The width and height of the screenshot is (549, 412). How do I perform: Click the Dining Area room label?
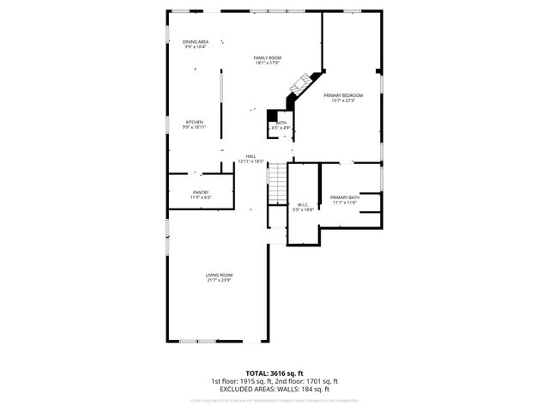click(x=196, y=41)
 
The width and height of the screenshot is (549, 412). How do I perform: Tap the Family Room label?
click(x=267, y=58)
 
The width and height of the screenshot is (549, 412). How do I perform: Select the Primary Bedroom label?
click(x=343, y=95)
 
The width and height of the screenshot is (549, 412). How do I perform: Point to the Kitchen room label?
click(x=195, y=122)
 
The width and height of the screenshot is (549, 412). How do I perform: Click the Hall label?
click(x=251, y=155)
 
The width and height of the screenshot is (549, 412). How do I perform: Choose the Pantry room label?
click(x=201, y=192)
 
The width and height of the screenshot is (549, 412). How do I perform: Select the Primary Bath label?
click(x=344, y=197)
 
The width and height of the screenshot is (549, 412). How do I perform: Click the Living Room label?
click(x=219, y=275)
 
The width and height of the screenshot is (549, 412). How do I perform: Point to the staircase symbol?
click(x=276, y=184)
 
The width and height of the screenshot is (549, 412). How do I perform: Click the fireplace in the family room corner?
click(x=300, y=85)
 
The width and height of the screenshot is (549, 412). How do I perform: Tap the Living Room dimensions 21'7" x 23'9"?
click(x=219, y=280)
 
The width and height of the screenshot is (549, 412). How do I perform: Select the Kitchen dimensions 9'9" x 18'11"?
click(x=195, y=127)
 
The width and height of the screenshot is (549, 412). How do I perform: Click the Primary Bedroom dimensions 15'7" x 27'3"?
click(x=343, y=100)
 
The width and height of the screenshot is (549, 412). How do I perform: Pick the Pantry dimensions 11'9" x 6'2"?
click(x=201, y=197)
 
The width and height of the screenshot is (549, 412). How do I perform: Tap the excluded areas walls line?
click(x=274, y=389)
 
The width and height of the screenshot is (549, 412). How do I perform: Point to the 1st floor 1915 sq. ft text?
click(x=242, y=381)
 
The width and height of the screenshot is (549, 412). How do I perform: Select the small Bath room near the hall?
click(x=281, y=124)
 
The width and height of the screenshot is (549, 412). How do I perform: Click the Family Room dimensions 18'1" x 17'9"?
click(x=267, y=63)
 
